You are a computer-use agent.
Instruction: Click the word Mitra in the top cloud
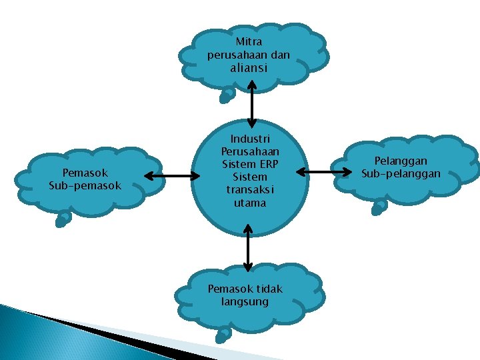coord(249,42)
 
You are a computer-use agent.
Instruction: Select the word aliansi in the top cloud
coord(249,68)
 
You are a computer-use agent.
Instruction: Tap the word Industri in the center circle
coord(250,139)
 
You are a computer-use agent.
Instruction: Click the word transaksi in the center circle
coord(250,190)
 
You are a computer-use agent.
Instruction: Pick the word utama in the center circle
coord(250,203)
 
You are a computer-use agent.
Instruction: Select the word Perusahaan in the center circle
coord(250,152)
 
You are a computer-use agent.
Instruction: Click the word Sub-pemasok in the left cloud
coord(85,185)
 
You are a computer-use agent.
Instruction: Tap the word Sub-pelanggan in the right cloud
coord(401,173)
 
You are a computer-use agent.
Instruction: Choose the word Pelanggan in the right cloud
coord(401,161)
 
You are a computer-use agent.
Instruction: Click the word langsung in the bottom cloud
coord(245,301)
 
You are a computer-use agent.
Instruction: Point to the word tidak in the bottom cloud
coord(269,289)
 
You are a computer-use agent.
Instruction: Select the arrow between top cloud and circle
coord(251,104)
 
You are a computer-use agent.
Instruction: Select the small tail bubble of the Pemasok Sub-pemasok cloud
coord(63,219)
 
